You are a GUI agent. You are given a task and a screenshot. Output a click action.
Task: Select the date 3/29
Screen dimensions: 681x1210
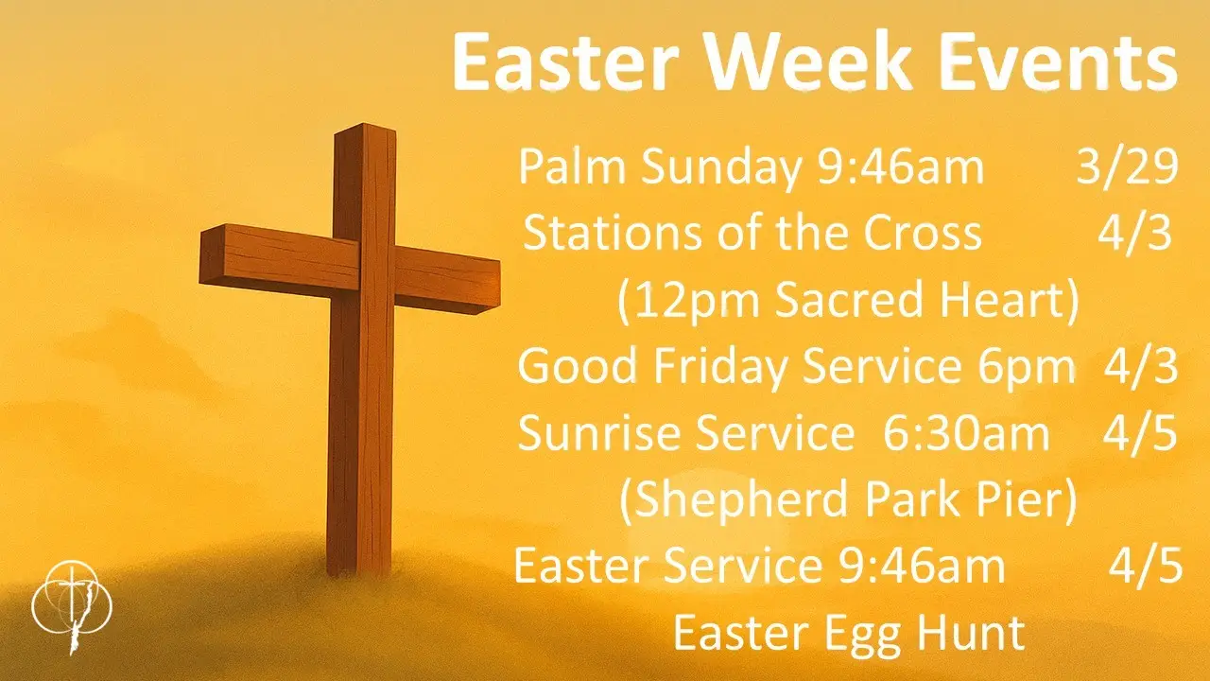click(x=1127, y=168)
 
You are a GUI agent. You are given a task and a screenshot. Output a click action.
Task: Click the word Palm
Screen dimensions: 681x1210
click(x=574, y=168)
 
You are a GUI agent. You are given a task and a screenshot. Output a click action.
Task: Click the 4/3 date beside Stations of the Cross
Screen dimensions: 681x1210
click(x=1134, y=234)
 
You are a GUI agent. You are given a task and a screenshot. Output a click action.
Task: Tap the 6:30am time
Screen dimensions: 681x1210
click(x=966, y=434)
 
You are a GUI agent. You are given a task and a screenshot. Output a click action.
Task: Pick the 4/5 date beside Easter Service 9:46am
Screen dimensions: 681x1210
click(x=1145, y=567)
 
